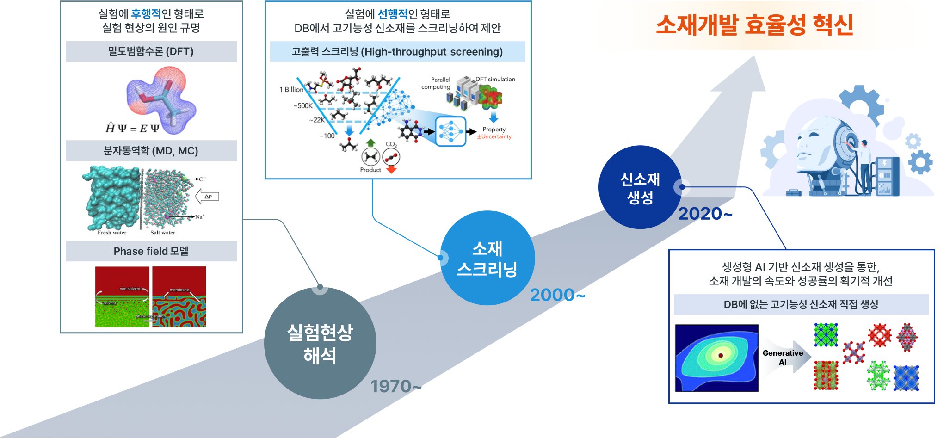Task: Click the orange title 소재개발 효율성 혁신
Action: coord(754,25)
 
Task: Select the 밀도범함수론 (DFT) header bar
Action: coord(151,51)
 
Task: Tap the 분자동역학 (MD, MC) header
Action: coord(151,151)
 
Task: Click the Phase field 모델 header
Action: coord(151,251)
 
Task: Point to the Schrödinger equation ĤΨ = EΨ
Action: coord(132,128)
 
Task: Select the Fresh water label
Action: coord(112,233)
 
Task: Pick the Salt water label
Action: coord(163,233)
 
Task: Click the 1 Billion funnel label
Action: coord(291,90)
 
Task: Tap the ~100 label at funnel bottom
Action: coord(327,136)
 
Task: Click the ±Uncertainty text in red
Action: coord(494,137)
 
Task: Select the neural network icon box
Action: coord(450,131)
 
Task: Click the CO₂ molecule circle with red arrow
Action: coord(391,158)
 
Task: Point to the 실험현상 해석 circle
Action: coord(320,343)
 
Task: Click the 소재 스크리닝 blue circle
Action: coord(487,258)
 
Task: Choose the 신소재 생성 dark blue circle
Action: coord(640,187)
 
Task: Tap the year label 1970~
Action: coord(393,386)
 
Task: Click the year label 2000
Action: coord(552,295)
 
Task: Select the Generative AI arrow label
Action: coord(783,357)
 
